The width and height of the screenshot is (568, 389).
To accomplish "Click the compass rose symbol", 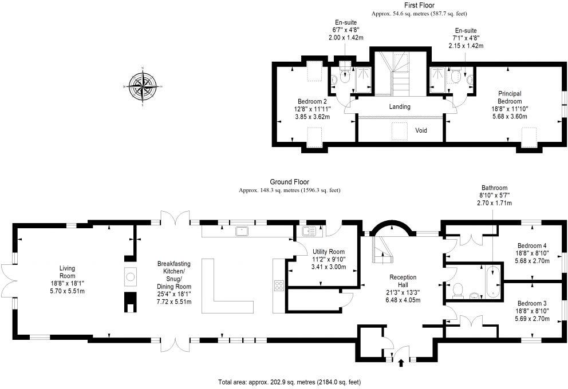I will [x=143, y=87].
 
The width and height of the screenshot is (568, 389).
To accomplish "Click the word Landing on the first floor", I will [x=400, y=107].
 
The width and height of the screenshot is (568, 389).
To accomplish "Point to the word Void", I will [x=421, y=130].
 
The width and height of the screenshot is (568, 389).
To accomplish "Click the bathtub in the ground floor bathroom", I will [x=492, y=282].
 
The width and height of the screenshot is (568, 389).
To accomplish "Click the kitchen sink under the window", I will [x=240, y=231].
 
